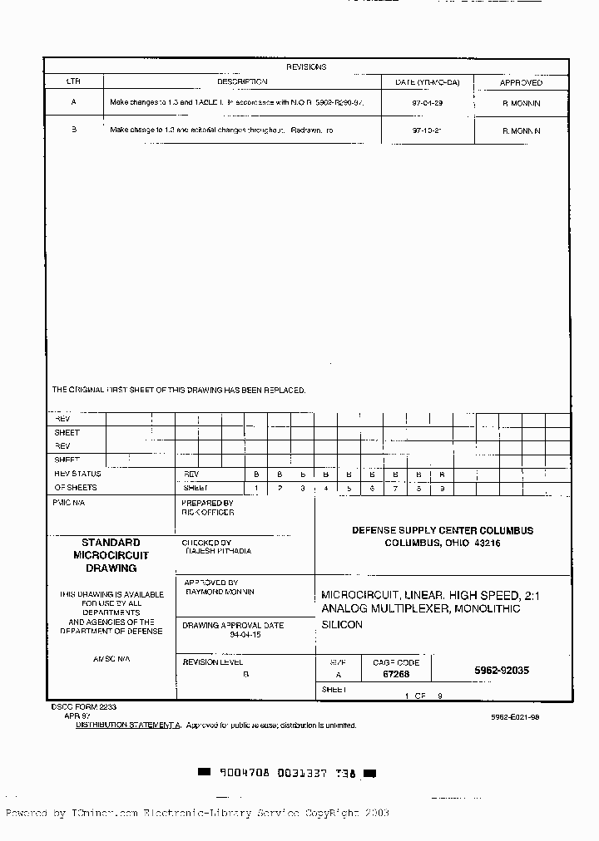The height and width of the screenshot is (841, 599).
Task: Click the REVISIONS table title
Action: pos(306,67)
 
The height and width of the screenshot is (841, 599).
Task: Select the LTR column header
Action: pos(73,82)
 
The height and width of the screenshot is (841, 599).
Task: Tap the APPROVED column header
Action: pos(521,83)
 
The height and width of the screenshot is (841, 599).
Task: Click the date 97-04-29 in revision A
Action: pos(427,103)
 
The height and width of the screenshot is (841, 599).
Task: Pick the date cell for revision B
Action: pos(427,130)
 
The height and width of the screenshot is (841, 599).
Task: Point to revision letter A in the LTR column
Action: pos(73,103)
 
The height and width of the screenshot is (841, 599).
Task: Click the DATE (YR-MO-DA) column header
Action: pos(427,83)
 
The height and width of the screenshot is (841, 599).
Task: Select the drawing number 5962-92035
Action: pos(502,671)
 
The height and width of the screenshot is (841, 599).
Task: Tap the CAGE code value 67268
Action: pos(396,675)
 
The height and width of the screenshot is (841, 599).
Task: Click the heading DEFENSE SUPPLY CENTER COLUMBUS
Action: pos(442,530)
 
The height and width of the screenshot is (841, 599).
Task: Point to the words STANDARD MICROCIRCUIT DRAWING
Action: pos(111,555)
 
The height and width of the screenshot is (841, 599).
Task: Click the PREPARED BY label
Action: pos(207,503)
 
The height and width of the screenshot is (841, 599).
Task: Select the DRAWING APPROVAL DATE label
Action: pos(233,625)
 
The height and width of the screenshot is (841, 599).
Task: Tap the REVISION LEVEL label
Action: pos(213,661)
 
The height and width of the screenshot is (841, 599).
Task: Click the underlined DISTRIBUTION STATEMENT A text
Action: pos(128,725)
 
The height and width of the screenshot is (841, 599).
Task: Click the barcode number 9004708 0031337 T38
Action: pos(287,773)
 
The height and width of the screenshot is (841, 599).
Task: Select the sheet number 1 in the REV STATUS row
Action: pos(256,488)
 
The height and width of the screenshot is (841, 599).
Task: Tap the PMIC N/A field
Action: pos(70,503)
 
